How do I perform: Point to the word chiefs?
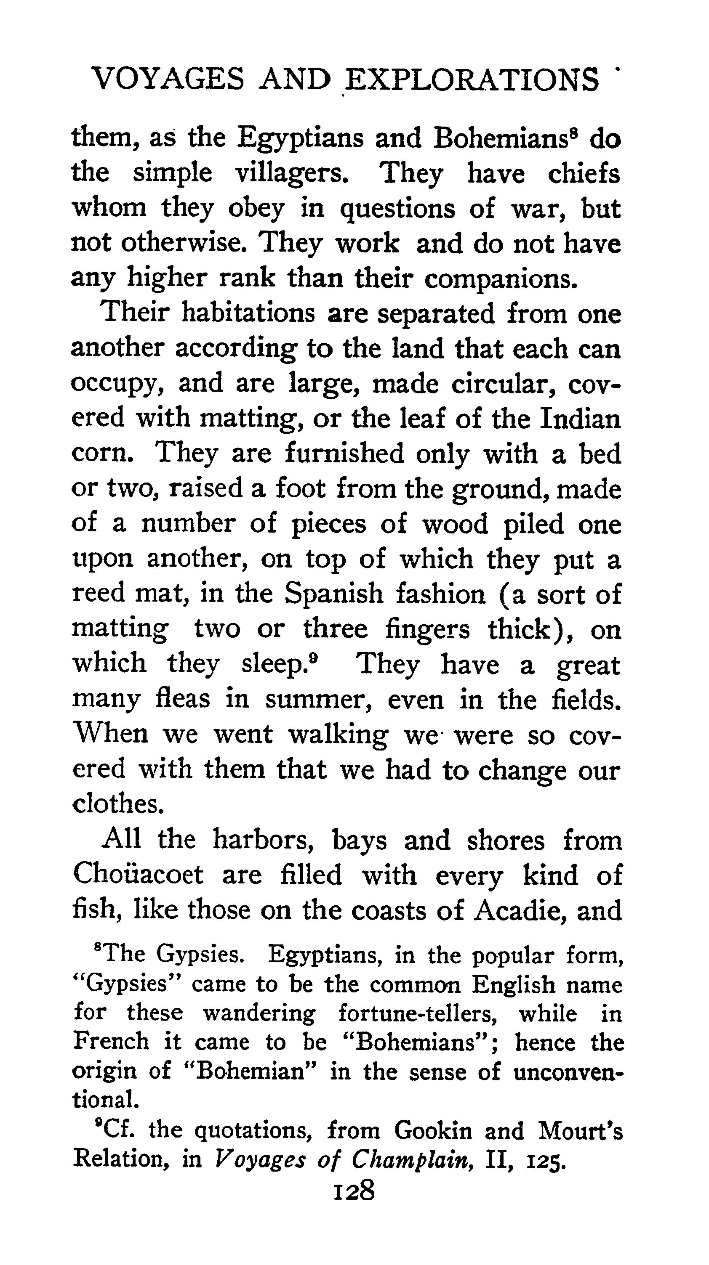(x=584, y=173)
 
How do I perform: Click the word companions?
(x=501, y=278)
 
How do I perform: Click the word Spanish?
(x=334, y=594)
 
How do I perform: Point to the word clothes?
(x=117, y=804)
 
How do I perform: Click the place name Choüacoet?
(x=138, y=875)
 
